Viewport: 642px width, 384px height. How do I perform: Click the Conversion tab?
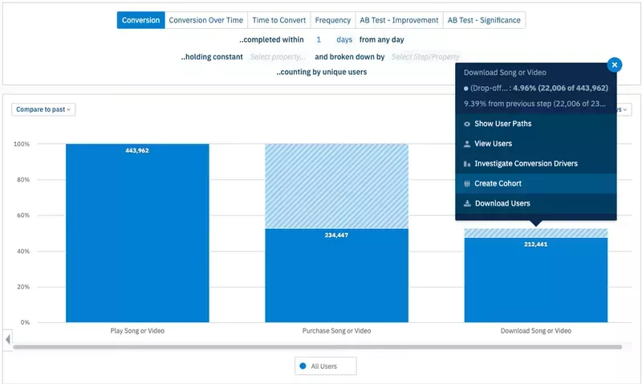click(140, 20)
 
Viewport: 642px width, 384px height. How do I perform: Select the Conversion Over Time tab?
click(205, 20)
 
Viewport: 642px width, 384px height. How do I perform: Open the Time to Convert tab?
click(278, 20)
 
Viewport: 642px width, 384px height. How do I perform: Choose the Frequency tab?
click(332, 20)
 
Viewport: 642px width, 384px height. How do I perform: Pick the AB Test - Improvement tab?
click(398, 20)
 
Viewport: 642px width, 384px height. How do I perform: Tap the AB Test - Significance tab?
click(483, 20)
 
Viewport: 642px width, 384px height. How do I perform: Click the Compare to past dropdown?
click(44, 109)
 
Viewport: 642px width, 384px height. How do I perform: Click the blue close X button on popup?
click(614, 65)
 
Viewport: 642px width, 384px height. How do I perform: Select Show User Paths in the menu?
click(502, 124)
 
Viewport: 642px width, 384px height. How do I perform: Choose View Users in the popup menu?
click(493, 144)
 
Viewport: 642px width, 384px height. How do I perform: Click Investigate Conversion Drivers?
click(526, 164)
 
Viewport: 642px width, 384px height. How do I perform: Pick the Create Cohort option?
click(498, 184)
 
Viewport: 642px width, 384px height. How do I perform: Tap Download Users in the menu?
click(502, 204)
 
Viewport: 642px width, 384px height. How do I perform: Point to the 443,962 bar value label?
click(137, 151)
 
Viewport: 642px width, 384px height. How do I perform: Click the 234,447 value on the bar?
click(336, 235)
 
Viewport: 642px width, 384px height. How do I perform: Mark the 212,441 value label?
click(535, 244)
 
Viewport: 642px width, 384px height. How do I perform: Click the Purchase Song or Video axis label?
click(336, 331)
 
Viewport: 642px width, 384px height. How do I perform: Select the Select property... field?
click(278, 57)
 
